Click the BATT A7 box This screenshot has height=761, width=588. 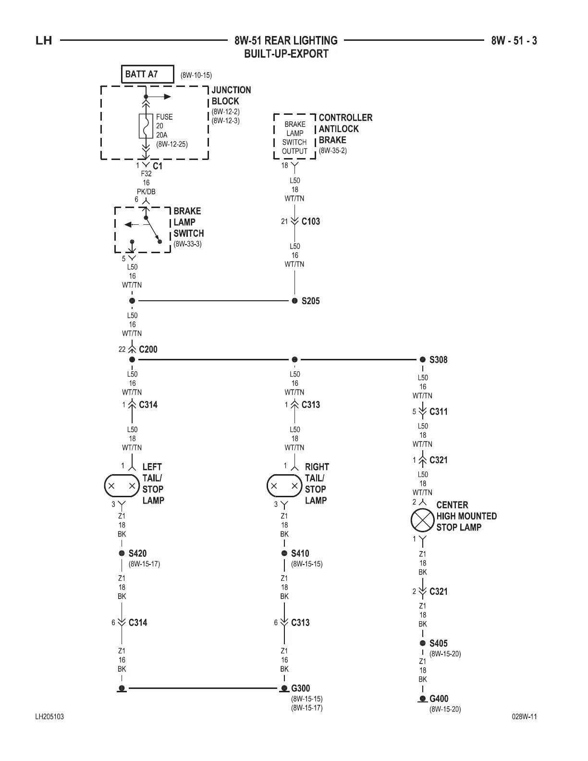point(147,74)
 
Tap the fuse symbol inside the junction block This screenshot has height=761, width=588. point(146,126)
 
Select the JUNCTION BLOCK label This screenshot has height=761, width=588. point(231,96)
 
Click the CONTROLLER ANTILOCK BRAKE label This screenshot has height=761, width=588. point(345,129)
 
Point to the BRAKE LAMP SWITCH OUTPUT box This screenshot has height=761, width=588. point(294,137)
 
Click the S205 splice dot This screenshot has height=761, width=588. point(295,301)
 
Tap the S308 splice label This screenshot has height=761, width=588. point(438,360)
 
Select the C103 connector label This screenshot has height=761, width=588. point(310,221)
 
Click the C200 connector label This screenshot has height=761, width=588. point(148,349)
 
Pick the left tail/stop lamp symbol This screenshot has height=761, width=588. point(122,486)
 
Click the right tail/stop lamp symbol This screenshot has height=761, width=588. point(284,486)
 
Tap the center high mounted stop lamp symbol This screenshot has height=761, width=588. point(422,520)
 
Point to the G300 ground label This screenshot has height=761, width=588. point(300,688)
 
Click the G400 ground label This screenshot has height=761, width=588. point(439,699)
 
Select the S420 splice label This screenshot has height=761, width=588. point(137,553)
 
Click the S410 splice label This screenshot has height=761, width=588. point(300,553)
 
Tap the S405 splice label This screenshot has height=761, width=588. point(438,643)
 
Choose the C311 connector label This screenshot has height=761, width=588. point(438,412)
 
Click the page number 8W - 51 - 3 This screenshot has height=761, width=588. point(514,41)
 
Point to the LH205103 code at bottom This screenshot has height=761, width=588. point(49,717)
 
